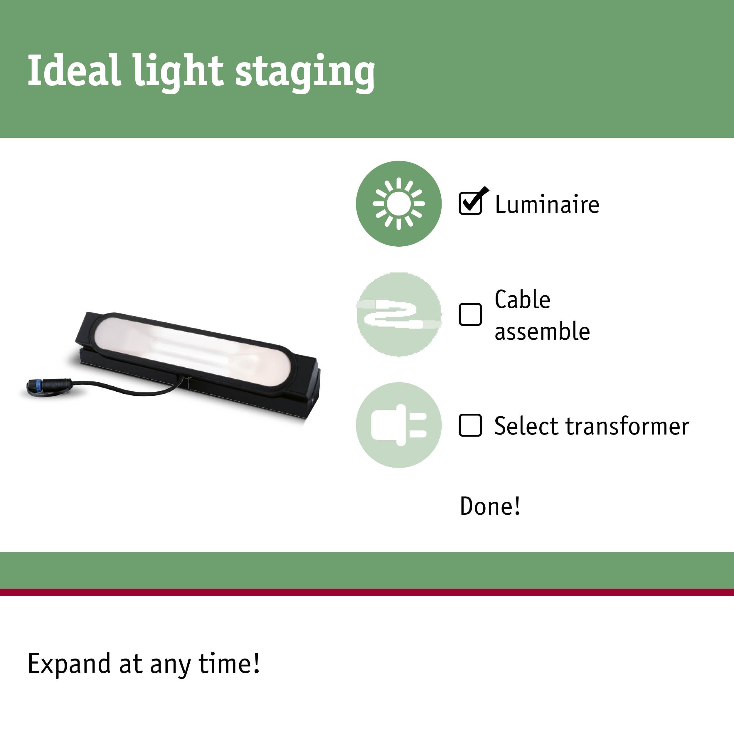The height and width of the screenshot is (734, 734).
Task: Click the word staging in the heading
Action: click(305, 74)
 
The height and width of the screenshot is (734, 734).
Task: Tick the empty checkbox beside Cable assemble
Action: click(470, 314)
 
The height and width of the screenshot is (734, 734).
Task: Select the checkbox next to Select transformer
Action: click(470, 425)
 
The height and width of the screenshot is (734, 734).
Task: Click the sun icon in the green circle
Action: click(398, 204)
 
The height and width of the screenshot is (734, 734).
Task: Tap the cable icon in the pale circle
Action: click(398, 314)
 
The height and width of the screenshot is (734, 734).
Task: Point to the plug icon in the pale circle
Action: click(398, 425)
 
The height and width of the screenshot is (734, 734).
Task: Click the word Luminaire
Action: click(547, 204)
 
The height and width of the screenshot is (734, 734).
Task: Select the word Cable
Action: click(522, 299)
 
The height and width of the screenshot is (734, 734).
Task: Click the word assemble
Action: click(542, 331)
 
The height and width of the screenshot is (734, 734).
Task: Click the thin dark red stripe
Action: click(367, 592)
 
